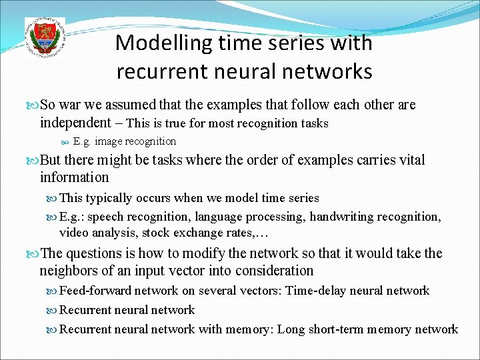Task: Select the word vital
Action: [x=409, y=160]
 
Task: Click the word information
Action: [x=74, y=177]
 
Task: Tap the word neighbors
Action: [x=68, y=271]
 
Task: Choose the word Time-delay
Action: [x=317, y=291]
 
